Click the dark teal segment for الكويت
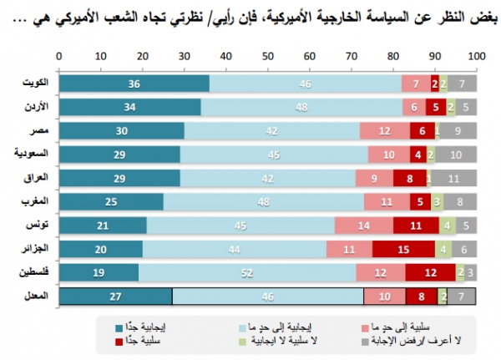click(x=134, y=84)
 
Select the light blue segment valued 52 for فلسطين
click(x=247, y=272)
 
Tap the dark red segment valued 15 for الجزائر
click(x=402, y=249)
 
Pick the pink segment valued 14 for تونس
click(x=363, y=226)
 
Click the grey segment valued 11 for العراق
click(x=453, y=178)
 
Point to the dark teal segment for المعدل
click(x=115, y=296)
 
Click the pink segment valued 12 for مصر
click(x=384, y=131)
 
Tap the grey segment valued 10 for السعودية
click(x=456, y=155)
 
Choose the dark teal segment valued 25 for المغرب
click(x=110, y=201)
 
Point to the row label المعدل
click(x=38, y=296)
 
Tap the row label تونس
click(x=40, y=226)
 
